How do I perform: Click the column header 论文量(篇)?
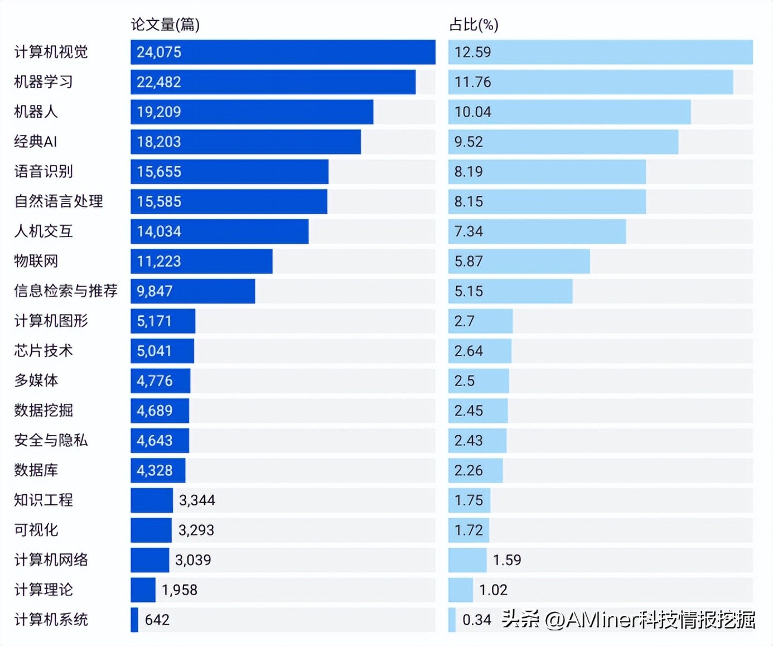[165, 25]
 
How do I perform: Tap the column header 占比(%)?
[474, 25]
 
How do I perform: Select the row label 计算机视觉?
[51, 52]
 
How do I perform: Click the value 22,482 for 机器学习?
[159, 82]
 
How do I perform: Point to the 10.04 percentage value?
[472, 112]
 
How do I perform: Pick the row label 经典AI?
[36, 142]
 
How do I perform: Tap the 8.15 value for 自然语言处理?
[468, 201]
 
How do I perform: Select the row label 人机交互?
[44, 231]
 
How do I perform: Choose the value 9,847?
[154, 291]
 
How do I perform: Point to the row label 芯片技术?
[44, 350]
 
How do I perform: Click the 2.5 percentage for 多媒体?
[464, 381]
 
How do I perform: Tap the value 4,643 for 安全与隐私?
[154, 441]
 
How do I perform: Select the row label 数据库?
[36, 470]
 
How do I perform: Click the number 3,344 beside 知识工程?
[197, 500]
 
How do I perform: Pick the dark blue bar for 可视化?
[151, 530]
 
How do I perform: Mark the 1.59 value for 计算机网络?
[507, 560]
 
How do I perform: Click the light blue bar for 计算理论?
[461, 590]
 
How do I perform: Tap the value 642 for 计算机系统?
[157, 620]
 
